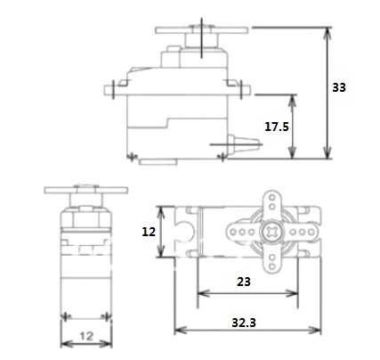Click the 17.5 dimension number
click(x=277, y=127)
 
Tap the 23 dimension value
click(x=244, y=281)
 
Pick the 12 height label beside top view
click(x=150, y=231)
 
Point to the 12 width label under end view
click(x=85, y=336)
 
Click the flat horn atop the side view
click(x=204, y=29)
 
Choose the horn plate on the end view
click(x=85, y=191)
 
